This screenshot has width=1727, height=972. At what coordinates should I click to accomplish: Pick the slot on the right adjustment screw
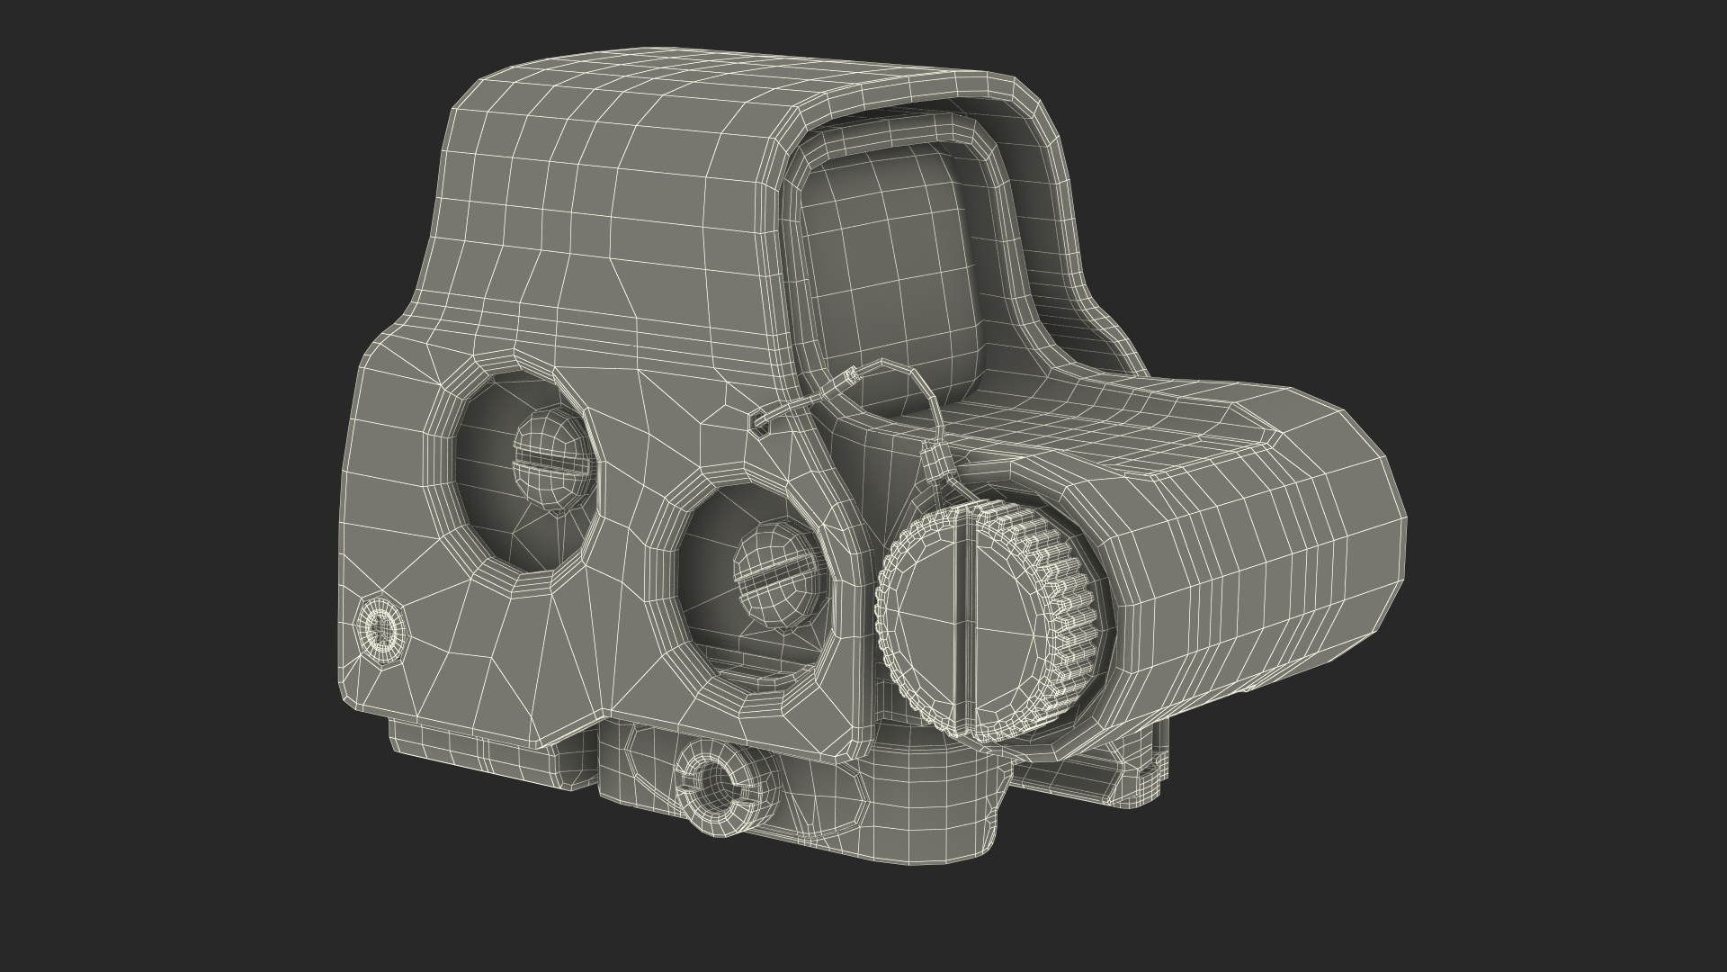tap(779, 575)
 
